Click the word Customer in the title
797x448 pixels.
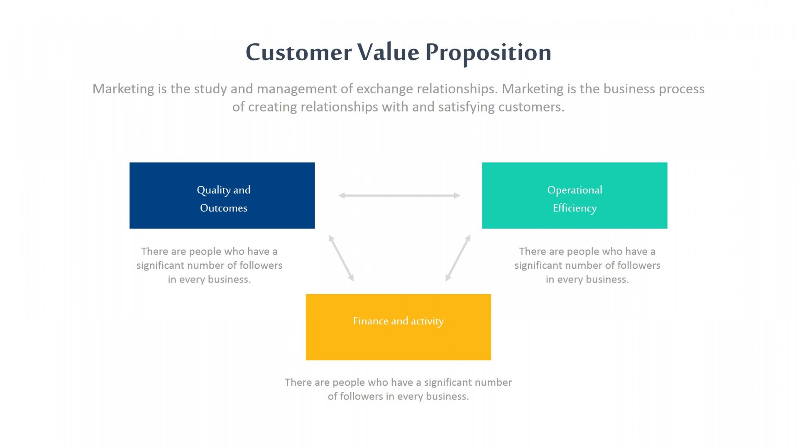298,53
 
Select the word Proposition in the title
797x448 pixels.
488,53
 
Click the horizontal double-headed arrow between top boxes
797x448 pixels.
399,195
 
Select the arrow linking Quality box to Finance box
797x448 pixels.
341,258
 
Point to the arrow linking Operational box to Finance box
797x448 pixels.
458,258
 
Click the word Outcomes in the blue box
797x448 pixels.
224,208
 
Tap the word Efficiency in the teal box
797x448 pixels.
575,208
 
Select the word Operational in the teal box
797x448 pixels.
575,190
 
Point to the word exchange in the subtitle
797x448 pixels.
384,89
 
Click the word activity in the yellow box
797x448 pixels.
427,321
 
